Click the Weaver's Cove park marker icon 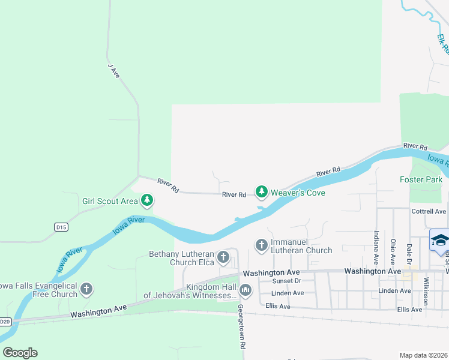tap(261, 191)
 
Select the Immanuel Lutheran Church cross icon tap(261, 245)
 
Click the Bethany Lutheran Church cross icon tap(223, 257)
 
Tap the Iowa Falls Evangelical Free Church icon tap(86, 289)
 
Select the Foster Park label tap(421, 179)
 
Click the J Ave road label tap(114, 71)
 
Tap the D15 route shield tap(61, 227)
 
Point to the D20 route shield tap(5, 322)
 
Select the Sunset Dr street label tap(286, 281)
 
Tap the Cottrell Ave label tap(429, 212)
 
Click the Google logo tap(20, 353)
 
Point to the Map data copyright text tap(423, 355)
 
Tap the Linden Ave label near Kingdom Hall tap(288, 293)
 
